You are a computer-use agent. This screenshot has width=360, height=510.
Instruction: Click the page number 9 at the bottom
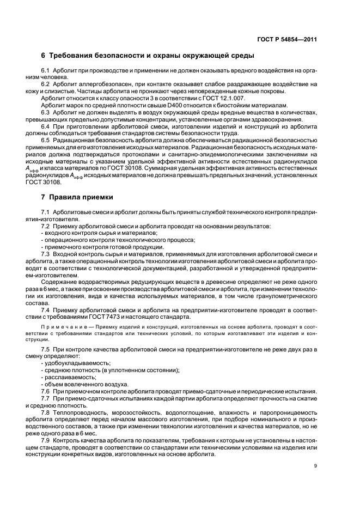[316, 466]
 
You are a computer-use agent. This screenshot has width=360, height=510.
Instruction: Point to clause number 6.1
[46, 71]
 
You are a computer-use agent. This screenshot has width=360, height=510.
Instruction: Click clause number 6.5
[46, 139]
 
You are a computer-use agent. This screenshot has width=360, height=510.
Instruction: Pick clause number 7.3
[46, 254]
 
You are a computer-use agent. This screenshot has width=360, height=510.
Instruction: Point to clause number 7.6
[46, 391]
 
